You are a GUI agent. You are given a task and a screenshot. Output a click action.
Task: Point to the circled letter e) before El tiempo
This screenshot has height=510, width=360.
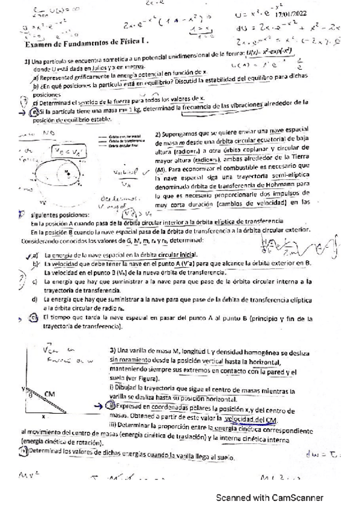tap(35, 317)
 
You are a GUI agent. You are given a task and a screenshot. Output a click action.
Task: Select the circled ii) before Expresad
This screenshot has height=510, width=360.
tap(113, 407)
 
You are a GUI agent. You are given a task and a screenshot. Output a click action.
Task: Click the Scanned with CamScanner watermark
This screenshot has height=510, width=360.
tap(270, 498)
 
